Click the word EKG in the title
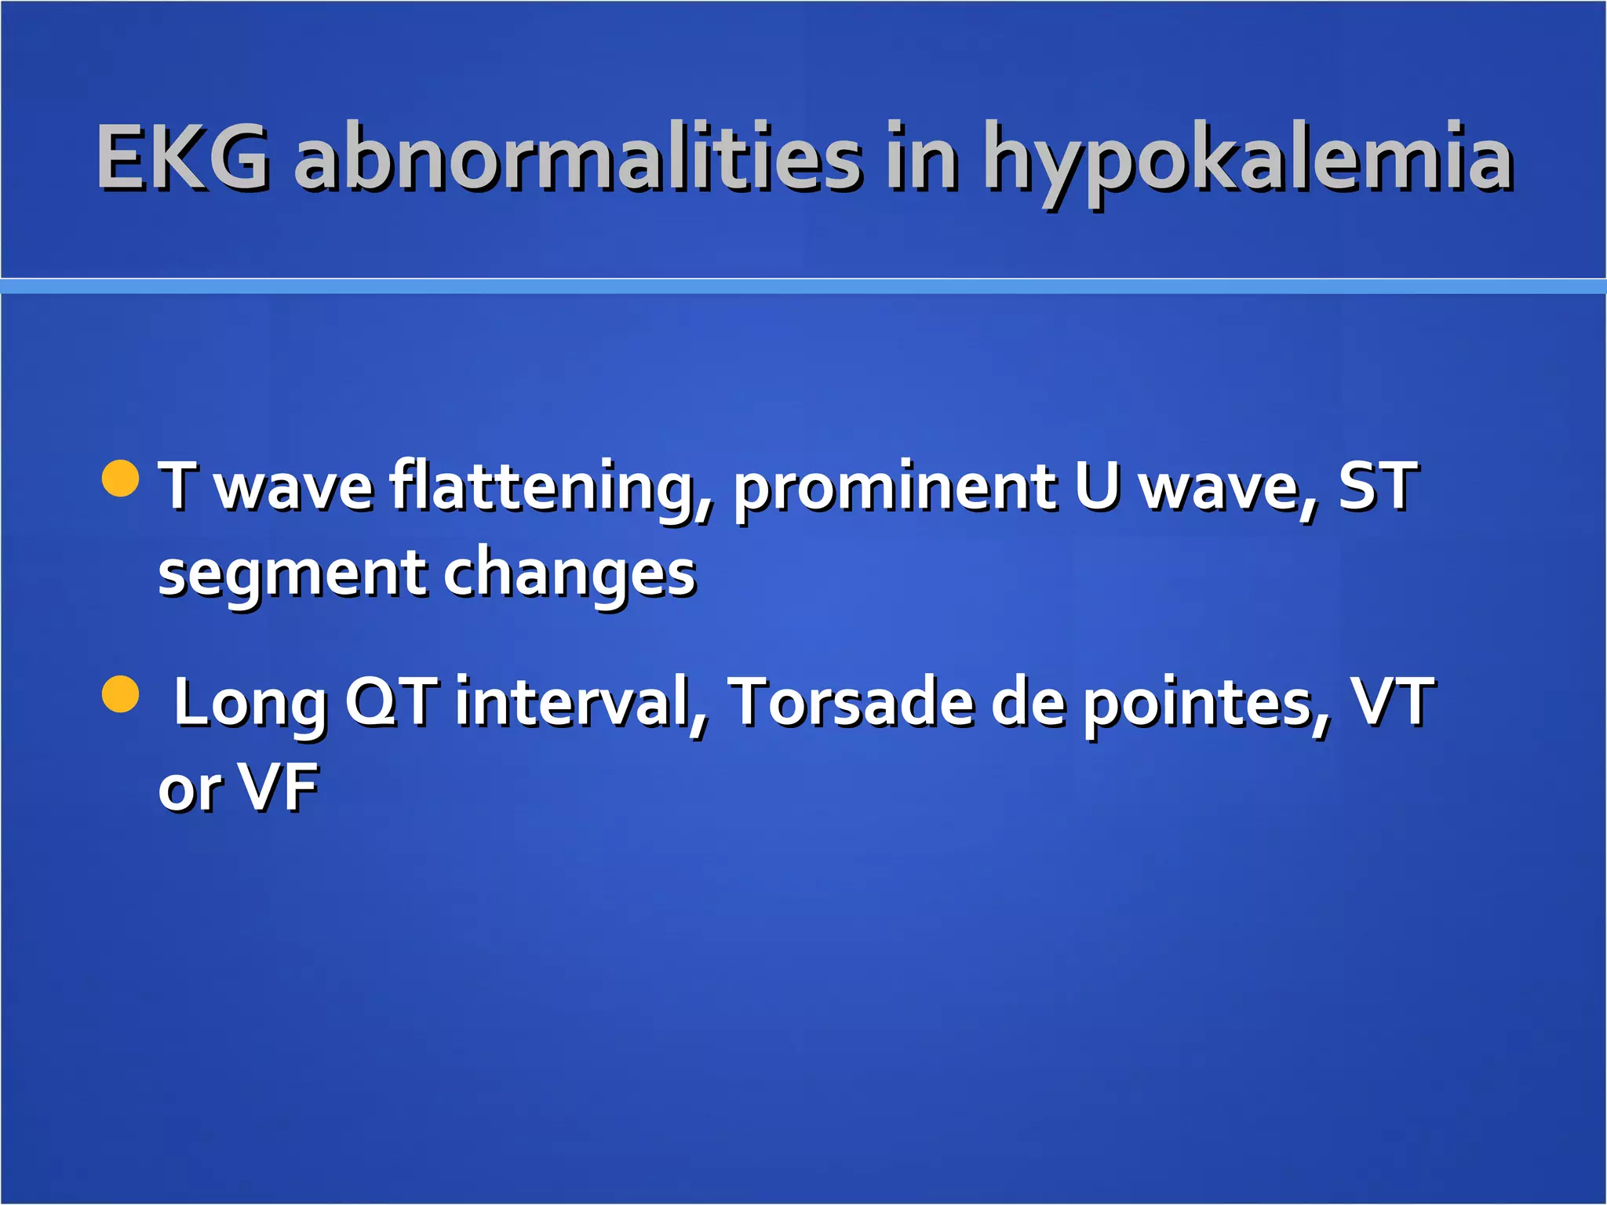pos(183,158)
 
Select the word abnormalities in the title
pos(578,158)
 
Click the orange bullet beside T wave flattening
pos(121,479)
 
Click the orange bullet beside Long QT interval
pos(121,694)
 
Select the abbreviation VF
pos(279,788)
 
